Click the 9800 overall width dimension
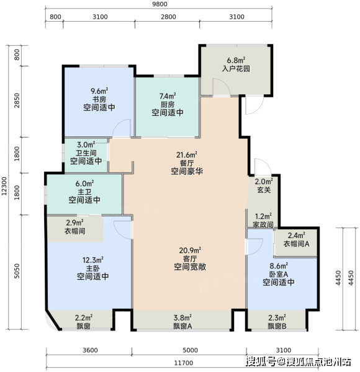tap(160, 4)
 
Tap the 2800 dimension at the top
tap(168, 17)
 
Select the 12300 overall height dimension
tap(4, 186)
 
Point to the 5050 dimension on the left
tap(17, 271)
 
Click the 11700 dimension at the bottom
tap(184, 363)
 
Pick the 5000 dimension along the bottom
tap(190, 350)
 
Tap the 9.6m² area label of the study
tap(99, 91)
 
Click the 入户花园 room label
tap(236, 69)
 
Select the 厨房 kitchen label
tap(168, 104)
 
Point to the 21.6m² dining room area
tap(187, 155)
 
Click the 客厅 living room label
tap(190, 259)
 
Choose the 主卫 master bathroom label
tap(84, 192)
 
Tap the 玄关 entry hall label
tap(264, 190)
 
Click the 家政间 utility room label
tap(263, 224)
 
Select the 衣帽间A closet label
tap(296, 244)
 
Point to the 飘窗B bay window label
tap(277, 326)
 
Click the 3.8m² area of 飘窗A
tap(182, 317)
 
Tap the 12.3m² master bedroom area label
tap(93, 260)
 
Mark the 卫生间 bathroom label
tap(86, 153)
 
